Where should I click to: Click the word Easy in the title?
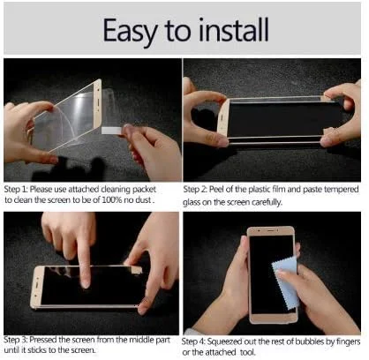pyautogui.click(x=130, y=31)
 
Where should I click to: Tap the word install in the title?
pyautogui.click(x=233, y=30)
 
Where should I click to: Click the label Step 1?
pyautogui.click(x=16, y=190)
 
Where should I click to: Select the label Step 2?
pyautogui.click(x=195, y=190)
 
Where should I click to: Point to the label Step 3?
pyautogui.click(x=15, y=340)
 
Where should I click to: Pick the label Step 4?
pyautogui.click(x=193, y=342)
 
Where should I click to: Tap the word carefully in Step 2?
pyautogui.click(x=267, y=202)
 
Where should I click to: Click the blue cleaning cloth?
pyautogui.click(x=285, y=283)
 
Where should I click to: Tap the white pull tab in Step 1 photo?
pyautogui.click(x=112, y=131)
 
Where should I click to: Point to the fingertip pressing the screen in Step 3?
pyautogui.click(x=85, y=283)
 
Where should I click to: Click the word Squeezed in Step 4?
pyautogui.click(x=227, y=342)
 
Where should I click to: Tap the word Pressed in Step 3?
pyautogui.click(x=43, y=340)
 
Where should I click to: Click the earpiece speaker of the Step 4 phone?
pyautogui.click(x=271, y=231)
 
